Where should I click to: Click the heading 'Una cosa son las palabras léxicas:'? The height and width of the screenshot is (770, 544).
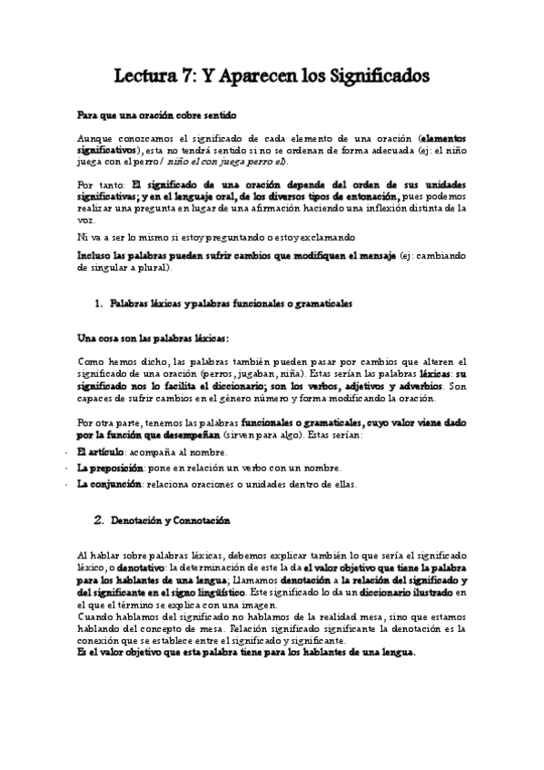153,338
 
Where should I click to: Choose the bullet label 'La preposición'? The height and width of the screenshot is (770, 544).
109,468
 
